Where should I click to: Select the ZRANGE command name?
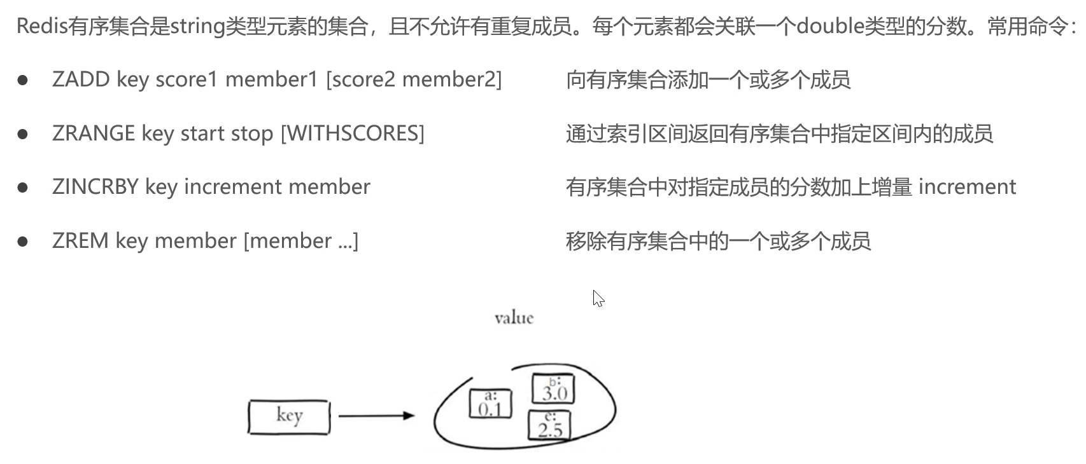pyautogui.click(x=94, y=133)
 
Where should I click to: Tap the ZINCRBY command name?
pyautogui.click(x=95, y=187)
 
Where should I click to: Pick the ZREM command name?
pyautogui.click(x=80, y=241)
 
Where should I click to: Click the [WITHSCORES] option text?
pyautogui.click(x=352, y=133)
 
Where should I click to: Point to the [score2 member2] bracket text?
pyautogui.click(x=414, y=79)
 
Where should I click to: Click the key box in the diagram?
pyautogui.click(x=289, y=417)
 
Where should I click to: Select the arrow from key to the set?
pyautogui.click(x=376, y=416)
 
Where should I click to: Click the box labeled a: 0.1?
pyautogui.click(x=490, y=404)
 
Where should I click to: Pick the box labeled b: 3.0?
pyautogui.click(x=553, y=389)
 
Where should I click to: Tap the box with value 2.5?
pyautogui.click(x=549, y=426)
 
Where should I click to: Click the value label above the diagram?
pyautogui.click(x=514, y=318)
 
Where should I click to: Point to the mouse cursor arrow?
pyautogui.click(x=597, y=297)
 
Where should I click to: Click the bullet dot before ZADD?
pyautogui.click(x=24, y=80)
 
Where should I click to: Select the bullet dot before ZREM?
pyautogui.click(x=24, y=242)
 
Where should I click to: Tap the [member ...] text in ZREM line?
pyautogui.click(x=301, y=241)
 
